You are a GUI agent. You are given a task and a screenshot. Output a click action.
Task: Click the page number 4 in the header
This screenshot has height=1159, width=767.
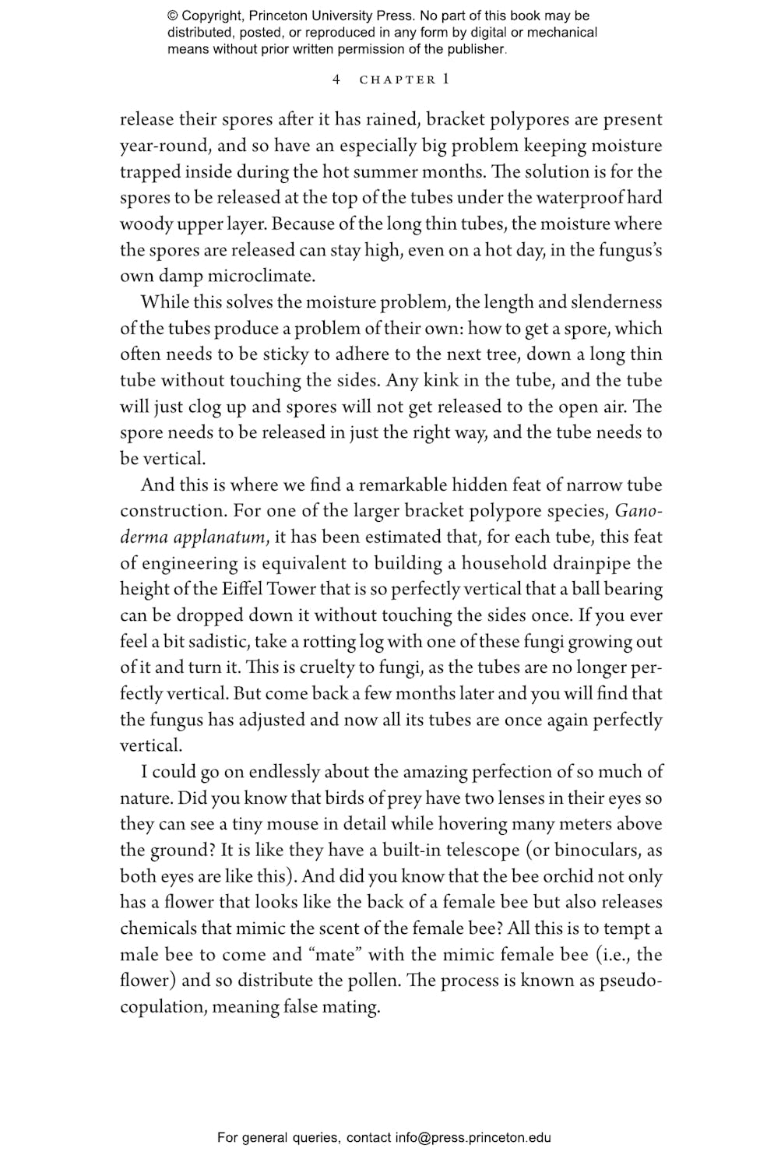(x=336, y=79)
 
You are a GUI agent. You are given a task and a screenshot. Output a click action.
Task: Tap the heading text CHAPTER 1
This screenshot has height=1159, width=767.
(x=404, y=79)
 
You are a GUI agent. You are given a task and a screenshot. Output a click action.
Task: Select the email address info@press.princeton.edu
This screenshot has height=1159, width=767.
(x=473, y=1138)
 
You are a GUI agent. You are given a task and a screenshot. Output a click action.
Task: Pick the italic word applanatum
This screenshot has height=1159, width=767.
(x=220, y=537)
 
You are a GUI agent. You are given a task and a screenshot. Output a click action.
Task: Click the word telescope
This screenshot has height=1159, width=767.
(x=473, y=851)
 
